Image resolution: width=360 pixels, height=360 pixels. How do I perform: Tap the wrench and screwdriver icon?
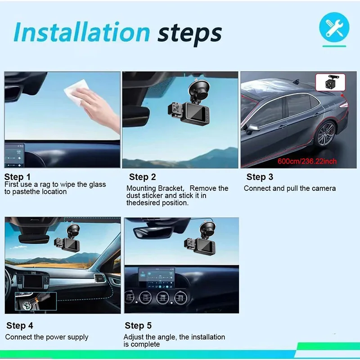[334, 27]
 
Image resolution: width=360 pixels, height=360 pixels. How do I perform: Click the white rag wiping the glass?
[76, 96]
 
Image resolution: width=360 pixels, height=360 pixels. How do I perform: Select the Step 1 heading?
[18, 177]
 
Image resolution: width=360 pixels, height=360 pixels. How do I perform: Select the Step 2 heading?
[142, 177]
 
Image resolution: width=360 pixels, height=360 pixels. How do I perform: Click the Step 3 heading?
[260, 177]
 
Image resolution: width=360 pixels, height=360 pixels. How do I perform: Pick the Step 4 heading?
[20, 325]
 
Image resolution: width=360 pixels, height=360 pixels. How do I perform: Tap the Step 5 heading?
[138, 325]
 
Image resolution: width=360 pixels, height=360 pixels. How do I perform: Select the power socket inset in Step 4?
[36, 301]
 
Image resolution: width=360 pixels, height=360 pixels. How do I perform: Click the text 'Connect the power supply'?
[47, 337]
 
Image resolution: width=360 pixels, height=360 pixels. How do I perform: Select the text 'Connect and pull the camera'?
[289, 188]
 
